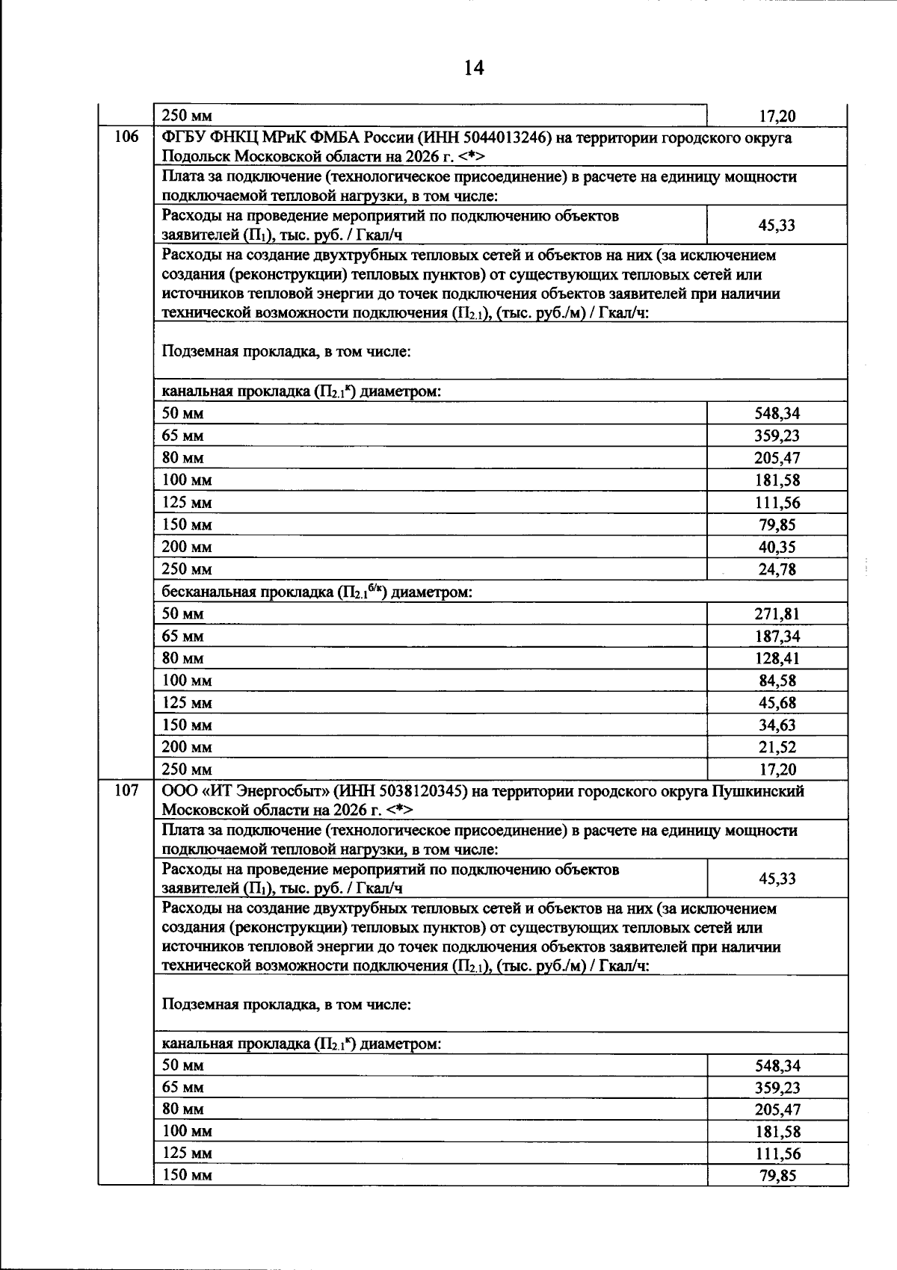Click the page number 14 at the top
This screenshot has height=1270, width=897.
coord(474,68)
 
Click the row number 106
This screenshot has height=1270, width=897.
coord(126,137)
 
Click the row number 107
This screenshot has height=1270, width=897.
coord(126,790)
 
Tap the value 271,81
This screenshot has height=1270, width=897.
coord(776,614)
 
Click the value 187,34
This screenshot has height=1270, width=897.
coord(776,636)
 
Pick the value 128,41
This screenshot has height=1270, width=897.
coord(776,658)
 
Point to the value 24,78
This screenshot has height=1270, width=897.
coord(777,569)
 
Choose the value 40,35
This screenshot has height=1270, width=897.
coord(777,547)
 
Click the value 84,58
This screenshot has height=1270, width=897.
coord(777,681)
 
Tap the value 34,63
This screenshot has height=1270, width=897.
coord(777,725)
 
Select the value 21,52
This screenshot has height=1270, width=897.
coord(777,747)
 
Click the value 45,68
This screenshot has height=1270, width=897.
coord(777,703)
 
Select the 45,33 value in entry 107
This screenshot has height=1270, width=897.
coord(777,879)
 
